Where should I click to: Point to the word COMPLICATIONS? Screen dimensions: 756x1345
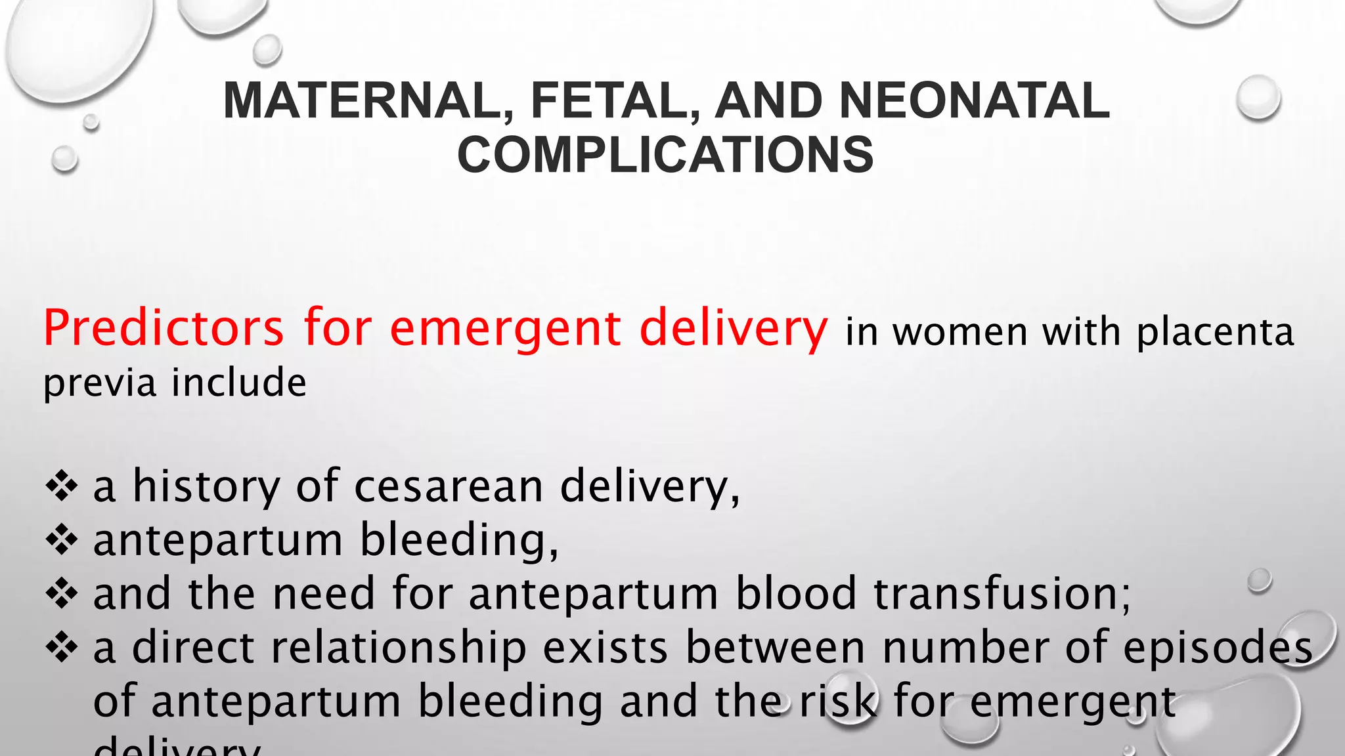(665, 155)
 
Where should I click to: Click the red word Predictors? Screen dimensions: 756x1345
(164, 328)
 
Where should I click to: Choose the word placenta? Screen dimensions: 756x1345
(1215, 332)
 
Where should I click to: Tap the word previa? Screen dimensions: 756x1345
(99, 383)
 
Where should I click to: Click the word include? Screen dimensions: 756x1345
(239, 382)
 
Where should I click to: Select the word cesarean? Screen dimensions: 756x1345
(449, 486)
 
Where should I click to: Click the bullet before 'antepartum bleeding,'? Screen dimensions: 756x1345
(62, 541)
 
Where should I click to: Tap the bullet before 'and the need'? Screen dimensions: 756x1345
(62, 595)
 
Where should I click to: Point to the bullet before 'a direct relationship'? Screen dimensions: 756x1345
(62, 648)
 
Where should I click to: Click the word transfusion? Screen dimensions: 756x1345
(1002, 593)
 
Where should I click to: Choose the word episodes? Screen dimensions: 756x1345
(1218, 648)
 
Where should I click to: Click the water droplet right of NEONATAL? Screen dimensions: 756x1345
(1258, 97)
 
